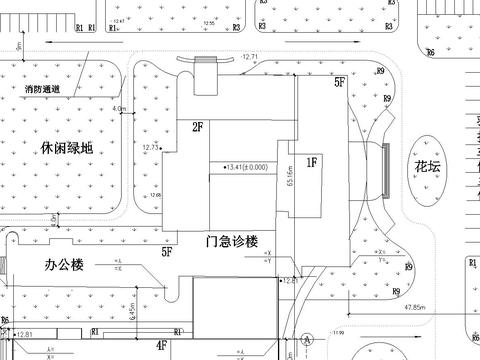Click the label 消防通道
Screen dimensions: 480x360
44,90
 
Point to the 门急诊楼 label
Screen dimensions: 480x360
232,241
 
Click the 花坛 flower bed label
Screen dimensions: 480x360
415,167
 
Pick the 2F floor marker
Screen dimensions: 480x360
198,127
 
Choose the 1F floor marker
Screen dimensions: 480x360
311,160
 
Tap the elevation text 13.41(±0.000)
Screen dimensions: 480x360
238,166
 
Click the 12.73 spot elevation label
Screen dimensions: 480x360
151,147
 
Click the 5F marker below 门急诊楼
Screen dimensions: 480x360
167,254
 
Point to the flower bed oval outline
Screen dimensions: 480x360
417,170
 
